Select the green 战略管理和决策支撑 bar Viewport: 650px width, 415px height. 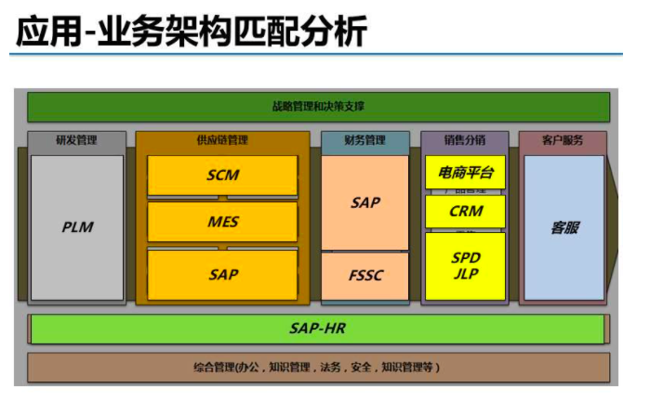[318, 107]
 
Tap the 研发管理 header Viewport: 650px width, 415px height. [76, 141]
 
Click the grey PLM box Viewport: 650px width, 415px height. [77, 227]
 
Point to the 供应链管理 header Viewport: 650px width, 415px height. [222, 141]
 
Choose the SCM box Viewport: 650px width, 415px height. [222, 175]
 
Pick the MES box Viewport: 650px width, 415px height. [222, 223]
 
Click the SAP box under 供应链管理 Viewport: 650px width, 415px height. [222, 275]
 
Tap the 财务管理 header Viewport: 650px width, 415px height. [365, 141]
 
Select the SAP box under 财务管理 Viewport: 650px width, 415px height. [365, 201]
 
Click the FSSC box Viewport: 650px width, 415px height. [365, 277]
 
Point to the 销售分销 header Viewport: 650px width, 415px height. [465, 141]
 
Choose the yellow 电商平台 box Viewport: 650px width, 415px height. [465, 172]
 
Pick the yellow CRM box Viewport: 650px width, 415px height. [465, 211]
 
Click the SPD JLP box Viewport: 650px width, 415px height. [465, 266]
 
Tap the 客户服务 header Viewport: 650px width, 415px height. [563, 141]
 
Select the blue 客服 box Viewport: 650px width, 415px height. [564, 227]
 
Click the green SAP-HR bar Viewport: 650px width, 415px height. [317, 329]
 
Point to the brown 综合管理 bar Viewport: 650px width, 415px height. [318, 368]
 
